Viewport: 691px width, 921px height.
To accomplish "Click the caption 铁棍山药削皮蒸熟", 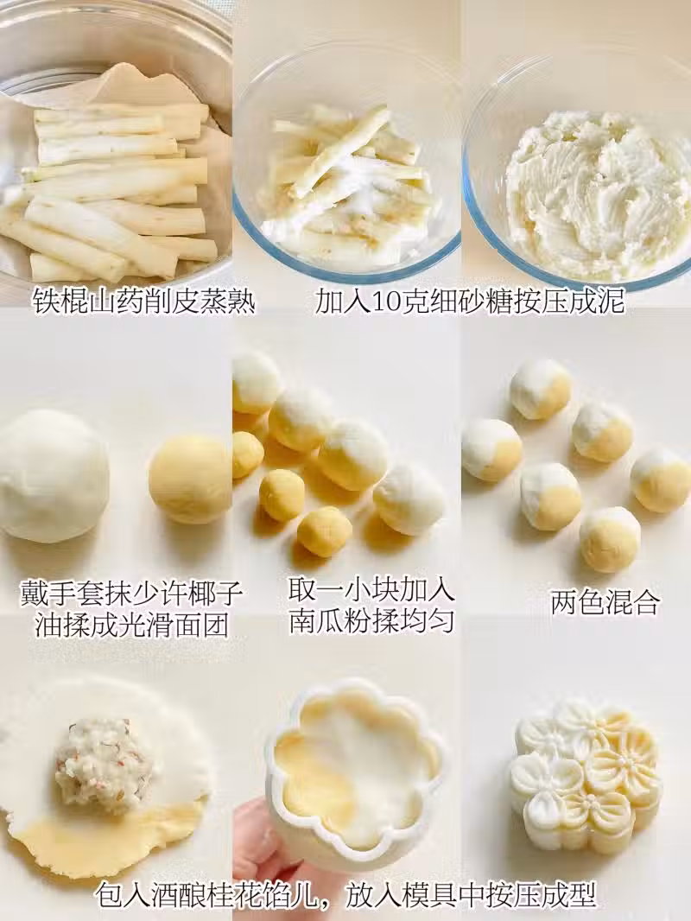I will pos(144,302).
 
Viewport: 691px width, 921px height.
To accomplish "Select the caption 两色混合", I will pos(605,602).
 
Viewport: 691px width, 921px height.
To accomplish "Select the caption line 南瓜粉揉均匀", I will pos(371,620).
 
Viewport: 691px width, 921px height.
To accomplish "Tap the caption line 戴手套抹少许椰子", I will pos(132,594).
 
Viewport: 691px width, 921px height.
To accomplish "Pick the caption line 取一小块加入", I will pos(371,590).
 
